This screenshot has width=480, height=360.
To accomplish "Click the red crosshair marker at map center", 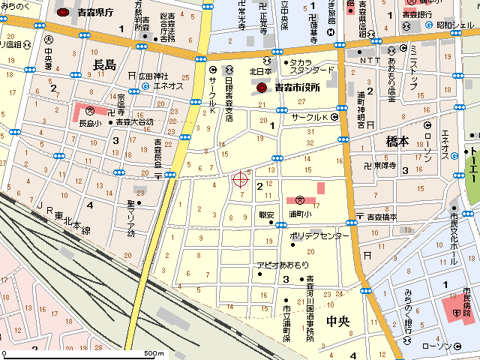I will (241, 178).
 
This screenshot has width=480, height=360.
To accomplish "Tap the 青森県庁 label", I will (94, 13).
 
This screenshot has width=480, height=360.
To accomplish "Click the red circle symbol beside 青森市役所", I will (262, 88).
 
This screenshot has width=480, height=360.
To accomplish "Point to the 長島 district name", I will (104, 66).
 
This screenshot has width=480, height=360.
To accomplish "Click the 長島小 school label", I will (90, 122).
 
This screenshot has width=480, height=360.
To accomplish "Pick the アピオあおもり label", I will (283, 265).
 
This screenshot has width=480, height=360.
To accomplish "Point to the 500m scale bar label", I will (154, 353).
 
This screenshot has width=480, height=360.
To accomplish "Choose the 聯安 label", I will (266, 214).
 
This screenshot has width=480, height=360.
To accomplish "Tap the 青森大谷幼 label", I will (134, 122).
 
